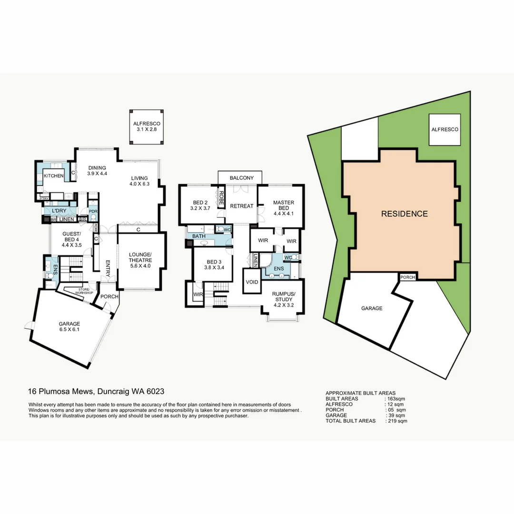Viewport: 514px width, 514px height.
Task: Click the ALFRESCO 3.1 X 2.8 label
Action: click(x=147, y=126)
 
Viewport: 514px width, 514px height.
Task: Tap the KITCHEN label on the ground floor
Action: click(x=54, y=176)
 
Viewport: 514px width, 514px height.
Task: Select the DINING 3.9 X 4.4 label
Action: click(x=97, y=171)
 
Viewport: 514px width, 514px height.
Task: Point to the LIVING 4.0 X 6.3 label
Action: click(x=140, y=181)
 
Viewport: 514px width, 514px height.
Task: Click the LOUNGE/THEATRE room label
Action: click(x=140, y=260)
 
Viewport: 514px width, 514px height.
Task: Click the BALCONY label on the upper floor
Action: click(x=241, y=178)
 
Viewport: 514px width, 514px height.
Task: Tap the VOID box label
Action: click(x=251, y=282)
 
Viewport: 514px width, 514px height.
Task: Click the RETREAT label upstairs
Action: click(x=241, y=206)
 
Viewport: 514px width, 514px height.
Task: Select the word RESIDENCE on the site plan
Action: click(x=404, y=214)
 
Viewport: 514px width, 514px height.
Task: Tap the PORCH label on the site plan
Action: click(x=407, y=277)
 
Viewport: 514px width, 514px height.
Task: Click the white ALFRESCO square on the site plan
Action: click(x=445, y=129)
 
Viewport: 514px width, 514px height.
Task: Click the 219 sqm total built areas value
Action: click(x=396, y=421)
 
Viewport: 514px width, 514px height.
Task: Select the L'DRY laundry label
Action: click(x=59, y=211)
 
